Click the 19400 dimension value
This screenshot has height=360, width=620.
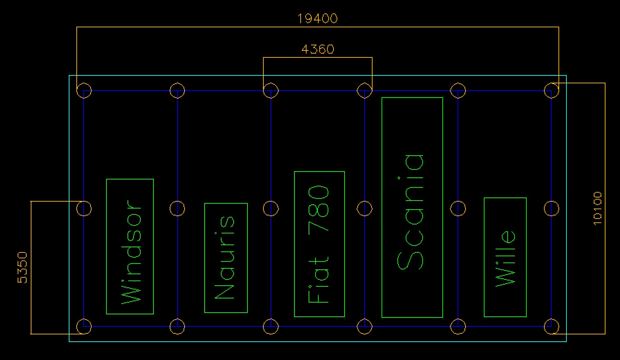coord(317,18)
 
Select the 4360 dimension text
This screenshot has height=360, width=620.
coord(318,49)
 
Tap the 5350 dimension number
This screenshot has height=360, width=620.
coord(22,267)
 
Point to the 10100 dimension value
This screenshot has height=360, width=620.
coord(598,208)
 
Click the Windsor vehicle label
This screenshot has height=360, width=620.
coord(131,252)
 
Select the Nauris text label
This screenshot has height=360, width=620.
coord(225,257)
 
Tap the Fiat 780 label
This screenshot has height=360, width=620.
coord(318,244)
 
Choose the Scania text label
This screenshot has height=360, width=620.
coord(411,212)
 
